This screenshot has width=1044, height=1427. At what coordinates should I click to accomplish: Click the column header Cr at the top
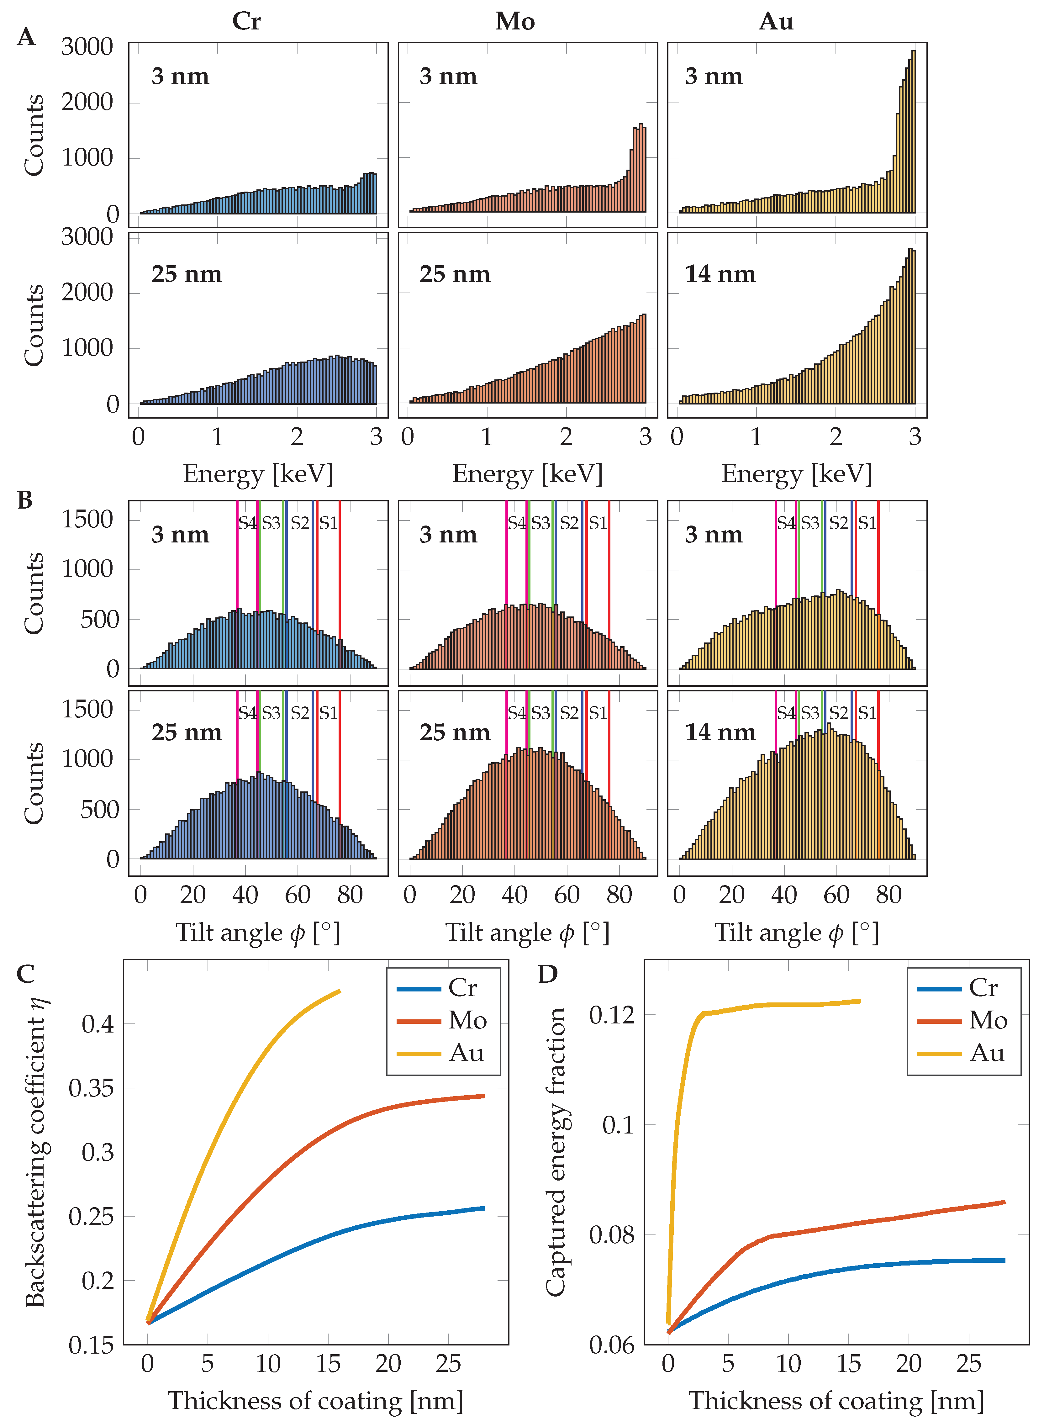pyautogui.click(x=246, y=22)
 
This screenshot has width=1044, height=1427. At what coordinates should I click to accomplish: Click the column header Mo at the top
pyautogui.click(x=515, y=22)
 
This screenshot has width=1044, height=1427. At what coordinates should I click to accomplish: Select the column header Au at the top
pyautogui.click(x=776, y=22)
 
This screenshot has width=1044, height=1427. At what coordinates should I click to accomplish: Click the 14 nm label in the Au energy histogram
pyautogui.click(x=720, y=274)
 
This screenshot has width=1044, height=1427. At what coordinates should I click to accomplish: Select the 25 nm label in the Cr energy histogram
pyautogui.click(x=187, y=274)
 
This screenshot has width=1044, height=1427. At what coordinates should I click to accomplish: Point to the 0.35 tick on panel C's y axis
pyautogui.click(x=92, y=1088)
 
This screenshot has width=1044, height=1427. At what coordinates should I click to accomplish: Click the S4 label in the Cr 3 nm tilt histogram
pyautogui.click(x=247, y=523)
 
